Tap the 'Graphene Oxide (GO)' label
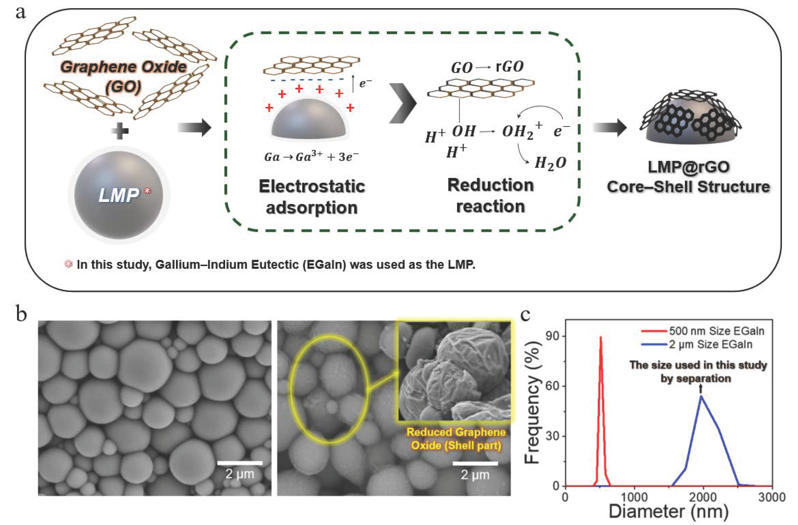tap(123, 76)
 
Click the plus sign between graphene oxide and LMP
tap(120, 131)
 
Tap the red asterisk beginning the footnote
tap(68, 264)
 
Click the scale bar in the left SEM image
tap(240, 463)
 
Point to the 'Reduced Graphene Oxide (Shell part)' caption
tap(456, 439)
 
